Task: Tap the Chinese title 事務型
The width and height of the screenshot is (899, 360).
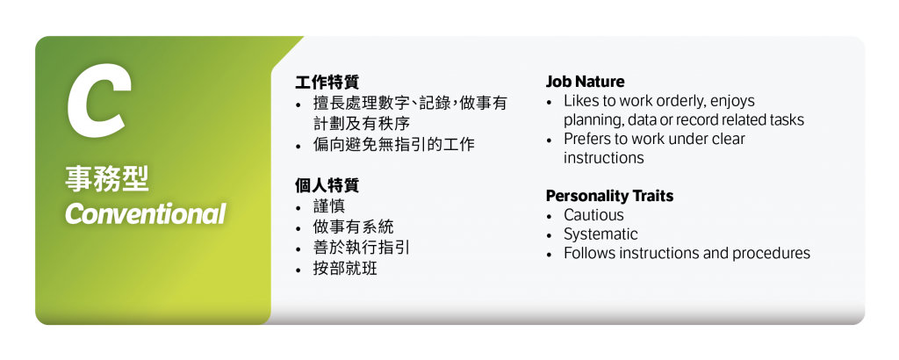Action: tap(107, 180)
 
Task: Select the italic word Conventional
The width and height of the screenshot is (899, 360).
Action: tap(145, 213)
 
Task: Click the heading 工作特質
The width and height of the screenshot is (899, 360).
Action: tap(327, 82)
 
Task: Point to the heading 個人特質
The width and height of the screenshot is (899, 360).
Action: tap(327, 185)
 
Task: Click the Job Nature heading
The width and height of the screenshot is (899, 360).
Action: tap(585, 82)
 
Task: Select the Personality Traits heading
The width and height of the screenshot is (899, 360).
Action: tap(609, 195)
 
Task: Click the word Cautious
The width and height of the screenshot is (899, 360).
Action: tap(593, 215)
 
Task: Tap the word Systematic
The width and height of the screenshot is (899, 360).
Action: tap(601, 234)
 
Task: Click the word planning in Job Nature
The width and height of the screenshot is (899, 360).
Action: tap(593, 120)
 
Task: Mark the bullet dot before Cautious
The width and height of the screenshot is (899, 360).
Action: tap(550, 216)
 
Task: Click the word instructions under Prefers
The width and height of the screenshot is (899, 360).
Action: tap(603, 158)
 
